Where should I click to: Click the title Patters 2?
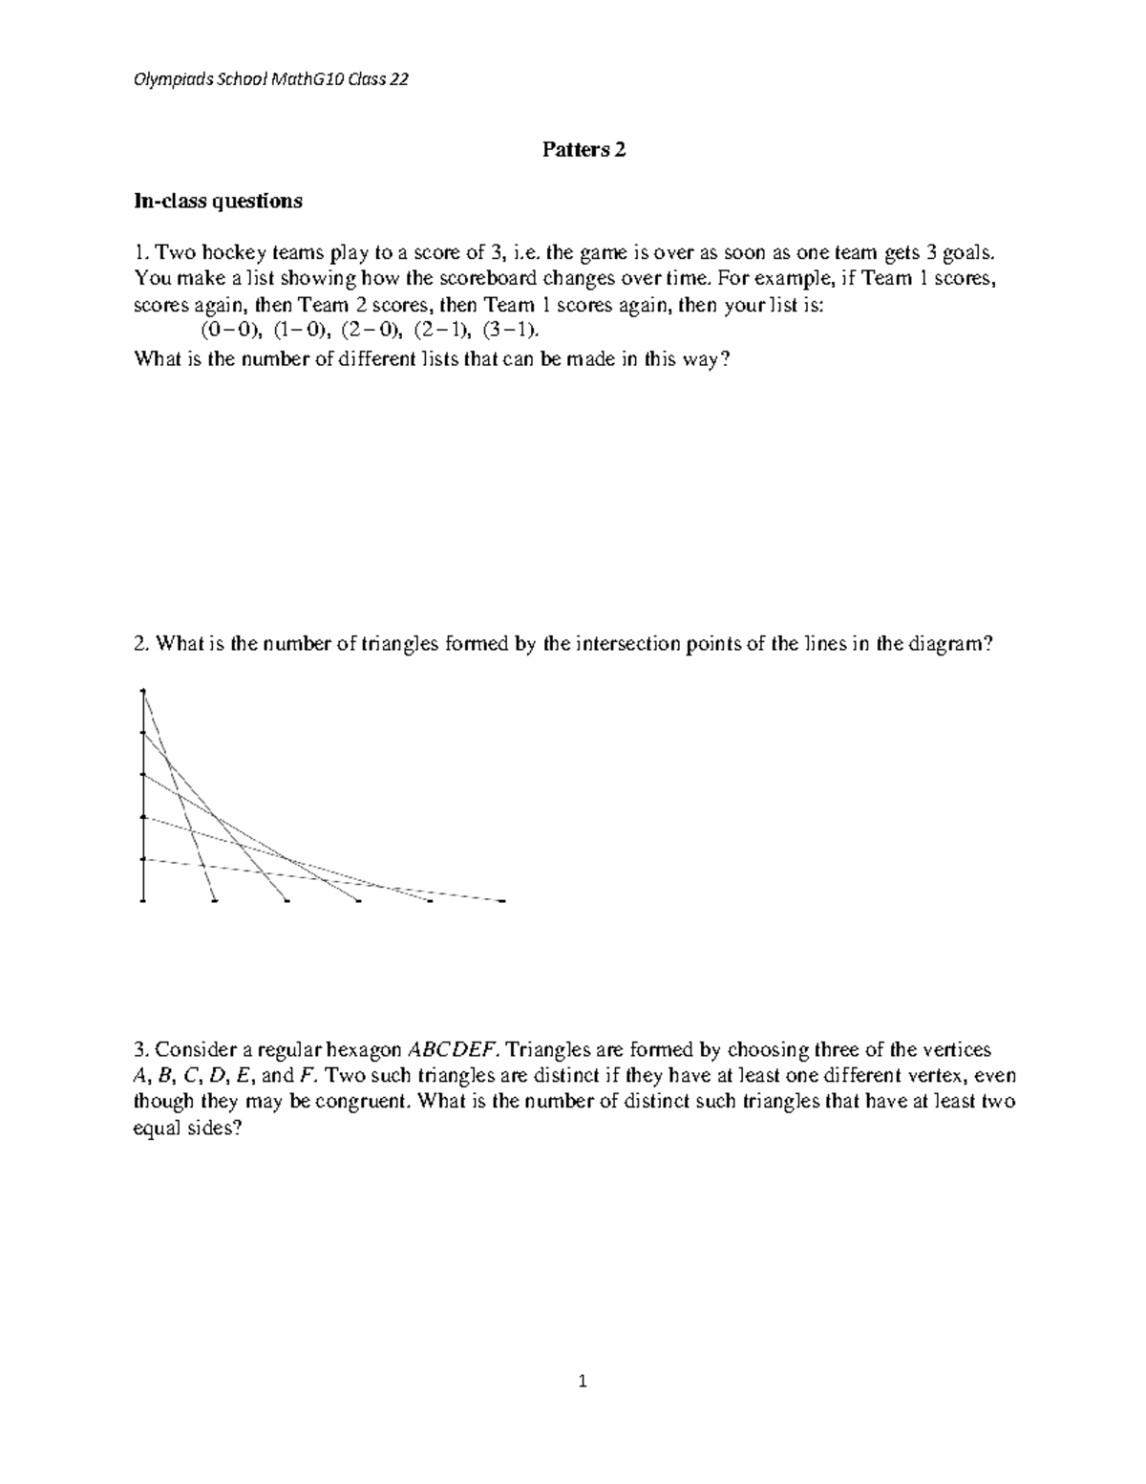(x=584, y=149)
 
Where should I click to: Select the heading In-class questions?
(x=218, y=201)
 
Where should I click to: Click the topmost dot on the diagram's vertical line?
(x=142, y=690)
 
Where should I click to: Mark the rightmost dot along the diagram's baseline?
(x=501, y=900)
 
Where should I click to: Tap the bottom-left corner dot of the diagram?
(x=142, y=900)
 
